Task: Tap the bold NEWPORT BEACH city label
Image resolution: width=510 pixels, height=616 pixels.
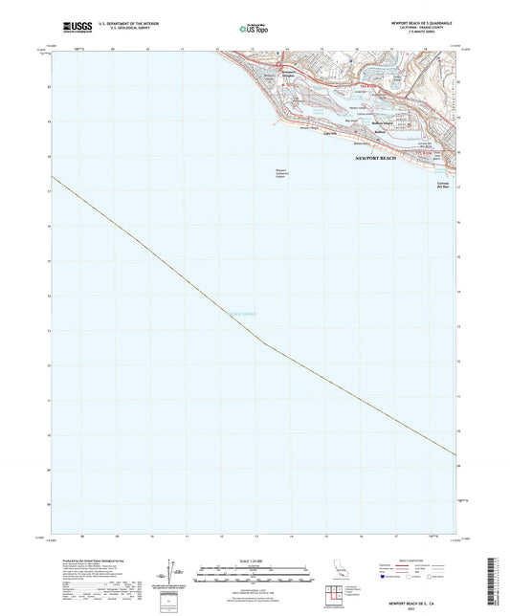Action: [x=375, y=158]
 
